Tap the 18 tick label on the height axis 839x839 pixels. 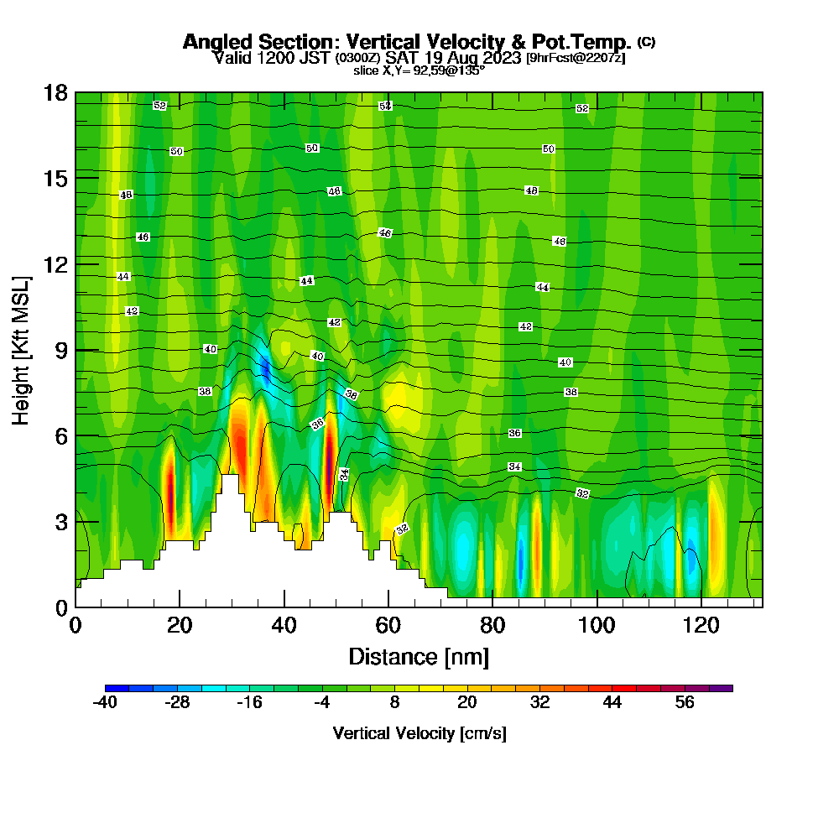56,92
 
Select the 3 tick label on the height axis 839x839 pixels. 60,522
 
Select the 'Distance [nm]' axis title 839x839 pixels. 419,655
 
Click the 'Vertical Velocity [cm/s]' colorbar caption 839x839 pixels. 419,733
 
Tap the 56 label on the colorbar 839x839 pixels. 685,703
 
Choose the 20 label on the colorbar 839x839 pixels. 467,703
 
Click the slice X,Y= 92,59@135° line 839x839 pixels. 419,70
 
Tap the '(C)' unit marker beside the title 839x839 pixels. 646,41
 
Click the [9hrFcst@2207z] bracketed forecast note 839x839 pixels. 575,58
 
